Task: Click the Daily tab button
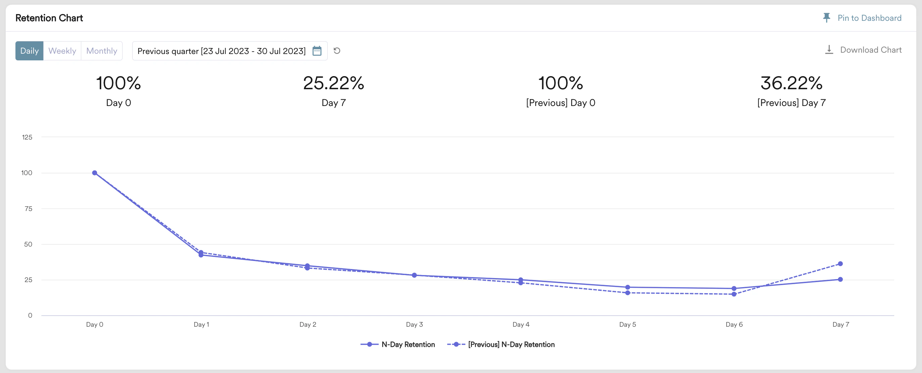[29, 51]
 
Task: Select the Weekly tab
[62, 51]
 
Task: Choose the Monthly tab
[102, 51]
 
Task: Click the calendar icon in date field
[317, 51]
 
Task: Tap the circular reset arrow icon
[337, 51]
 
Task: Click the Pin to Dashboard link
[869, 18]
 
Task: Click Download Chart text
[870, 50]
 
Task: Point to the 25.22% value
[333, 83]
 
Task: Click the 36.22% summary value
[791, 83]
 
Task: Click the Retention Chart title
[49, 18]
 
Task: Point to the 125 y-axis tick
[27, 137]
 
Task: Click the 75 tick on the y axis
[28, 209]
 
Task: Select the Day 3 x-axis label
[414, 324]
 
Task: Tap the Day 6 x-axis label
[734, 324]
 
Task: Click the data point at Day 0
[94, 173]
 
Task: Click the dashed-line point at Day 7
[840, 264]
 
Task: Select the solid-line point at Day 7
[840, 279]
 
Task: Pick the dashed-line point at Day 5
[628, 293]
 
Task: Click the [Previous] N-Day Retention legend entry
[511, 344]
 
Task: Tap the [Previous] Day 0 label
[560, 103]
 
